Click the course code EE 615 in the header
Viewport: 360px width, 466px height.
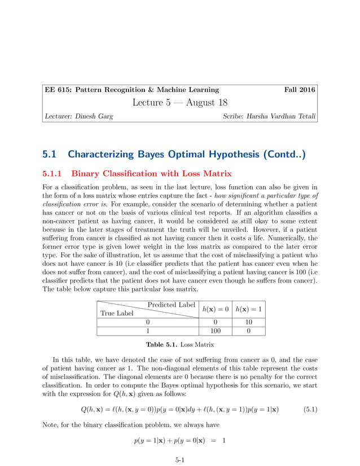point(59,89)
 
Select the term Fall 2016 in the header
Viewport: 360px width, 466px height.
point(300,89)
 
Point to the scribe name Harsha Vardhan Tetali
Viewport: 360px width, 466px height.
point(278,117)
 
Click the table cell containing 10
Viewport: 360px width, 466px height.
point(249,322)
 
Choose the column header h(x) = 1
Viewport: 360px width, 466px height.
point(249,309)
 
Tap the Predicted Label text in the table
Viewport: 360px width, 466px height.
point(171,305)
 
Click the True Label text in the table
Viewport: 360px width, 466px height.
point(117,313)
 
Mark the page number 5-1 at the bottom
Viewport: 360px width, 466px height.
point(180,460)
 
